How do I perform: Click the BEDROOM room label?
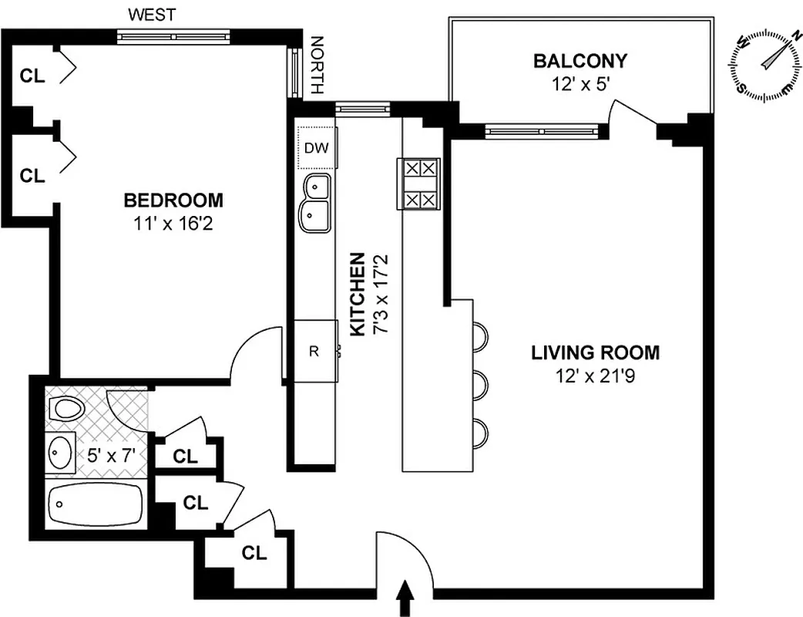(x=173, y=201)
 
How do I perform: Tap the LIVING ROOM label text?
(x=595, y=353)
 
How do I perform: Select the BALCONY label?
(x=580, y=61)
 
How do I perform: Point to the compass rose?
(x=766, y=64)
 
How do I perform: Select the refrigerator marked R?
(x=314, y=352)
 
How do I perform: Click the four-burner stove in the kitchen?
(x=417, y=184)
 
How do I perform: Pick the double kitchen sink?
(x=316, y=202)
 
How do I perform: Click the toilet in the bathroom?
(x=67, y=409)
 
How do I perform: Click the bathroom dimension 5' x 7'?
(x=111, y=455)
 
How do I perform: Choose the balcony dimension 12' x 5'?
(x=580, y=84)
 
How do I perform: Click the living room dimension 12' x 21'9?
(x=595, y=378)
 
